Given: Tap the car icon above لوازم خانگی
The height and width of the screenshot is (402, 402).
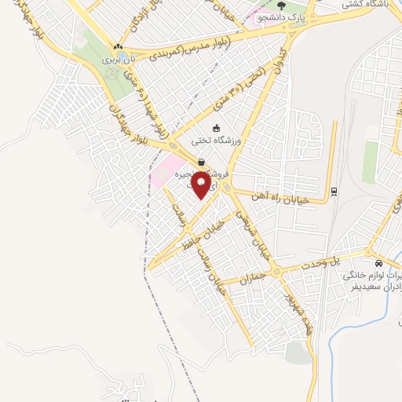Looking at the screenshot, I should click(x=379, y=264).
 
